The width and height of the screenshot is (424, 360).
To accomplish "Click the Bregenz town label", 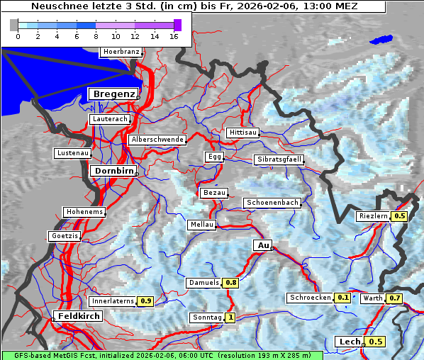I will (113, 94).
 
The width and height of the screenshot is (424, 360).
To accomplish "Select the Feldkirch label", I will (78, 316).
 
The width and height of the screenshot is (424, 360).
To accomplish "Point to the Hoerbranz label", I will (121, 52).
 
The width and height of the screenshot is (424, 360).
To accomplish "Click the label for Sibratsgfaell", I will (279, 159).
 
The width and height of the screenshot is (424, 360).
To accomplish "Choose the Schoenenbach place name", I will (272, 203).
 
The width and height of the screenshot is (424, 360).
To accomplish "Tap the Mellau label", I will (201, 225).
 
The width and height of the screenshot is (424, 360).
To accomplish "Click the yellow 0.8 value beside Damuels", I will (230, 283).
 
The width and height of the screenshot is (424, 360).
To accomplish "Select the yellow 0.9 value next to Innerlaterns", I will (145, 301).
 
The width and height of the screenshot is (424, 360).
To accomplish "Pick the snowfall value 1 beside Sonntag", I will (230, 317).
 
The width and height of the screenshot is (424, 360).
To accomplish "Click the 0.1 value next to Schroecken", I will (342, 298).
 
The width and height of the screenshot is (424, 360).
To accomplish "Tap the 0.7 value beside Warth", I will (395, 298).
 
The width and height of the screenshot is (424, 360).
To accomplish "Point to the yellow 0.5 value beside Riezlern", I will (400, 216).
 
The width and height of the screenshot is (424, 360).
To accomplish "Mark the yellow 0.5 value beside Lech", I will (376, 342).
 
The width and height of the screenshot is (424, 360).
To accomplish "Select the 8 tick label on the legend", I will (96, 35).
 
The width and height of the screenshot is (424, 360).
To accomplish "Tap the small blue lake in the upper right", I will (381, 40).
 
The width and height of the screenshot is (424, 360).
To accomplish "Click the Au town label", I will (262, 245).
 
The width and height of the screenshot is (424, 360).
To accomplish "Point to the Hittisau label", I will (243, 133).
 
